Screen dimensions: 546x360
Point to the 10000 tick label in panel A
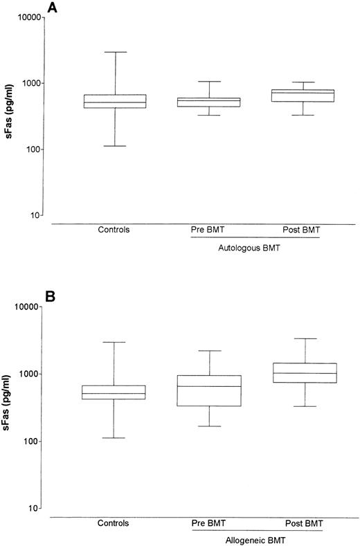pos(22,17)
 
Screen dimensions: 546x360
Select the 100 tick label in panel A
pos(27,149)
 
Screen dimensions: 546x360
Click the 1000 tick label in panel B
pos(25,374)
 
